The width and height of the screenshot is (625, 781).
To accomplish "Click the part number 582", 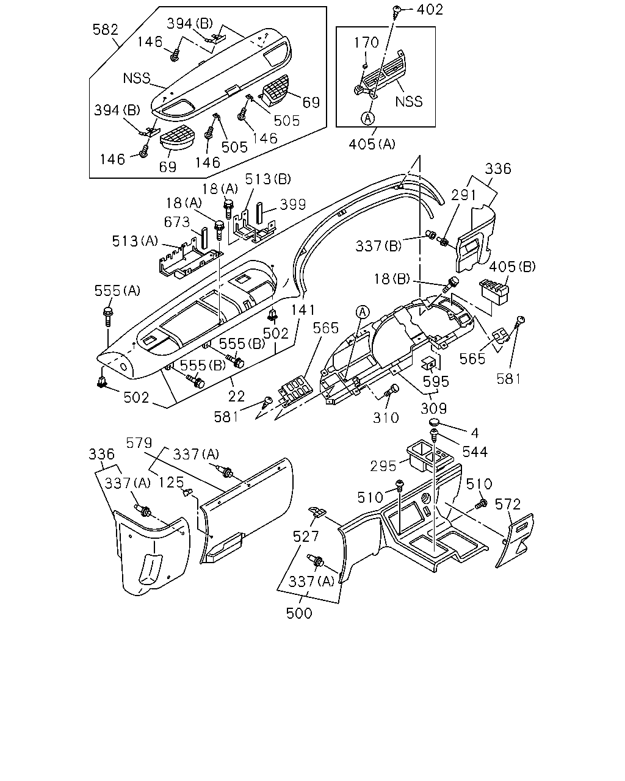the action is click(x=106, y=29).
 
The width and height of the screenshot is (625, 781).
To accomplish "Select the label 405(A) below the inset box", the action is click(x=372, y=144).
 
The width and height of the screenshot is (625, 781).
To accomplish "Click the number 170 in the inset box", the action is click(x=366, y=43).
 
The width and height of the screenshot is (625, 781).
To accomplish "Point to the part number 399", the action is click(x=293, y=204).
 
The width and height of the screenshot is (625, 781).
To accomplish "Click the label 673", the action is click(x=177, y=221).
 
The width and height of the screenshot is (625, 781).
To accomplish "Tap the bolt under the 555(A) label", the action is click(x=108, y=317).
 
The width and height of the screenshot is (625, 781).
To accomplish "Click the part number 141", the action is click(x=303, y=310).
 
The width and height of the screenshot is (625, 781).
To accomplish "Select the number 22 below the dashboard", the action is click(x=236, y=396).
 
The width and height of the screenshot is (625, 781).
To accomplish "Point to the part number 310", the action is click(x=386, y=418).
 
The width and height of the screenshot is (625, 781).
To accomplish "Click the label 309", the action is click(x=433, y=409).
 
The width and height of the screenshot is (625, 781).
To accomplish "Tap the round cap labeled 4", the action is click(x=435, y=422).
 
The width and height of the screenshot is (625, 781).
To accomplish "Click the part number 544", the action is click(x=475, y=452).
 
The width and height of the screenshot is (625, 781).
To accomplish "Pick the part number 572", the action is click(x=508, y=504).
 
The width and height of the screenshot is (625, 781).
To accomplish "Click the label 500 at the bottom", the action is click(x=299, y=613).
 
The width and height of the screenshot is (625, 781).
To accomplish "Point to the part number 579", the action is click(x=139, y=443).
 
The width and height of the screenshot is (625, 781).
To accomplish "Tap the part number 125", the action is click(x=172, y=482).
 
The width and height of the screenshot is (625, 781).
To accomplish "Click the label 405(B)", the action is click(x=513, y=267).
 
